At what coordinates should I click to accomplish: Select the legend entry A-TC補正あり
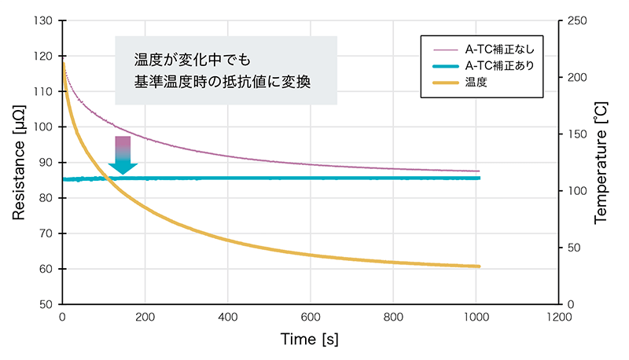click(499, 65)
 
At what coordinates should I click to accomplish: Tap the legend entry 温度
click(476, 83)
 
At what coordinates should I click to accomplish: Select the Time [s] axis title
click(310, 339)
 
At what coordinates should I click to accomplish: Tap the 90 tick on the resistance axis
click(45, 163)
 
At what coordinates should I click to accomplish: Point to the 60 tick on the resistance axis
click(45, 269)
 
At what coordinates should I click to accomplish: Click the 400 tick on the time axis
click(227, 318)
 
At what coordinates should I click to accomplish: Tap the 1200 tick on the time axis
click(557, 318)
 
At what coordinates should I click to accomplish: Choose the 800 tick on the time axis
click(392, 318)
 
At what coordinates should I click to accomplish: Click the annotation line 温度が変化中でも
click(192, 59)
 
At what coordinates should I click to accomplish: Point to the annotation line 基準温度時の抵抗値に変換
click(223, 82)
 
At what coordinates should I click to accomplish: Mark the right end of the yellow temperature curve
click(478, 266)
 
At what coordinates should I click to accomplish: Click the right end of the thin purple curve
click(478, 171)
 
